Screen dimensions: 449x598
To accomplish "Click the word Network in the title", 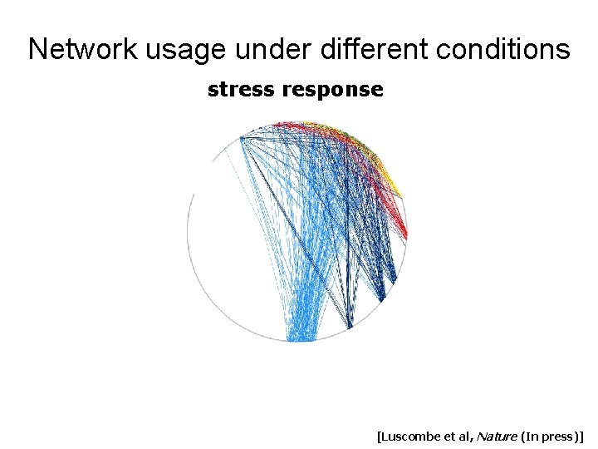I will pos(83,50).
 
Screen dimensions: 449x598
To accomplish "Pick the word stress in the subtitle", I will pos(242,90).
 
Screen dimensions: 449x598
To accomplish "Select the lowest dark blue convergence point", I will pos(350,325).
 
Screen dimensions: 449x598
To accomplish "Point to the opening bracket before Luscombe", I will pos(379,435).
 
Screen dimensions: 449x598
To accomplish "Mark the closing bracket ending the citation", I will pos(584,435).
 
